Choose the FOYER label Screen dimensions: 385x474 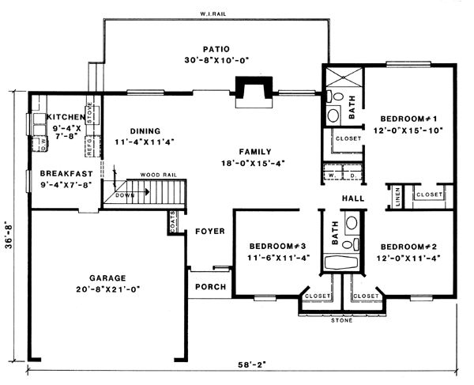pyautogui.click(x=210, y=231)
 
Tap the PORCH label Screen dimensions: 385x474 pyautogui.click(x=210, y=286)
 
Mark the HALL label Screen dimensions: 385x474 pyautogui.click(x=352, y=198)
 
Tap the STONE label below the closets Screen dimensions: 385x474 pyautogui.click(x=341, y=321)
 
